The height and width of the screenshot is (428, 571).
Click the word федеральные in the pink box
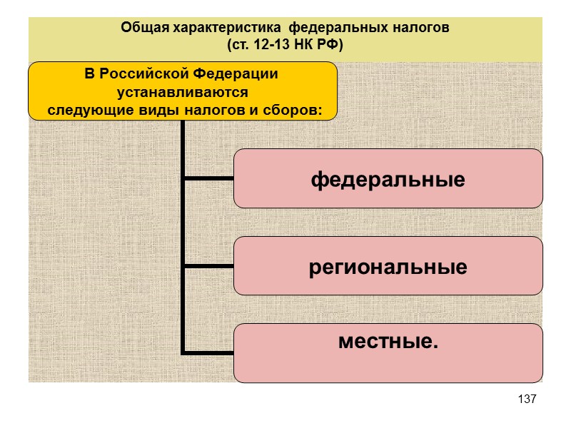(x=388, y=179)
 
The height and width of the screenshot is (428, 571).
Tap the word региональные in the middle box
(x=388, y=267)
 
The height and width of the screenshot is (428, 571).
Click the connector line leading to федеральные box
(x=208, y=178)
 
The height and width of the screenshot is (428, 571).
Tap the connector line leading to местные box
(x=208, y=352)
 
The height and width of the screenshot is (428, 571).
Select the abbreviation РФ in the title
(x=327, y=45)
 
